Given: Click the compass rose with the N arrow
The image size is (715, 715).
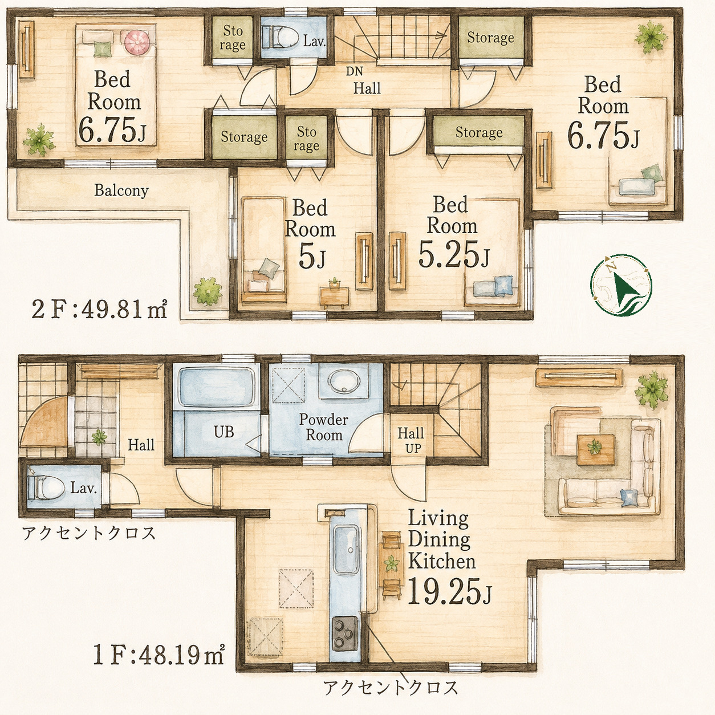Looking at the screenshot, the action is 621,285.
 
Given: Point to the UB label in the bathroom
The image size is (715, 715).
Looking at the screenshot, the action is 224,432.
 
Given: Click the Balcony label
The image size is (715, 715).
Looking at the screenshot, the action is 121,190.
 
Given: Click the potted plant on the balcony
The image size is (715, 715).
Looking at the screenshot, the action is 207,291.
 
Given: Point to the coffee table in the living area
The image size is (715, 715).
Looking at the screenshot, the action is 595,450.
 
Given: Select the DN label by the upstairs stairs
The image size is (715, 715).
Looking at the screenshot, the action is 354,71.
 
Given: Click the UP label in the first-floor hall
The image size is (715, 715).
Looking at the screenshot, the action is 413,448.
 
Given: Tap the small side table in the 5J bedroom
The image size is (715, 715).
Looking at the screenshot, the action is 335,295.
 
